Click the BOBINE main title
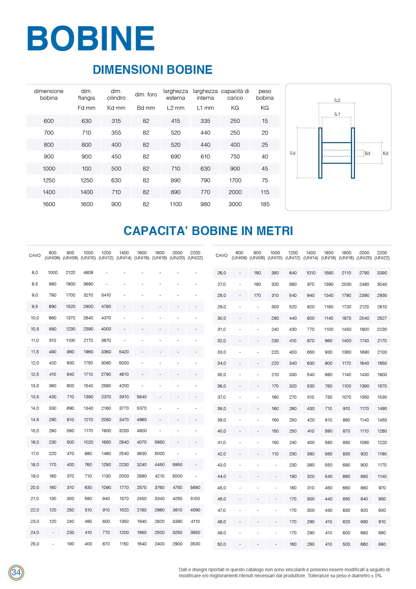91,38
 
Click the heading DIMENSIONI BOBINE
152,70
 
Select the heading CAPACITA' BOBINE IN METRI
208,231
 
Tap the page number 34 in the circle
16,573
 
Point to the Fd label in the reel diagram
293,153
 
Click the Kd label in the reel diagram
385,153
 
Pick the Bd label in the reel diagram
367,153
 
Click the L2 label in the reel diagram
337,100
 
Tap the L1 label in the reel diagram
337,114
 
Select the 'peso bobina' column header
265,95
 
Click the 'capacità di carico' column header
235,95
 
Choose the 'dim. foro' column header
146,95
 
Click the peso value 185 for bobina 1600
265,204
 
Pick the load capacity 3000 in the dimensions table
235,204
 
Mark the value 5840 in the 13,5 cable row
142,397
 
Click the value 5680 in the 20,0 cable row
195,488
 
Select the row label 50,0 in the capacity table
221,544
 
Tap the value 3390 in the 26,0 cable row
382,273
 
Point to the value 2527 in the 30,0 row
382,318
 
